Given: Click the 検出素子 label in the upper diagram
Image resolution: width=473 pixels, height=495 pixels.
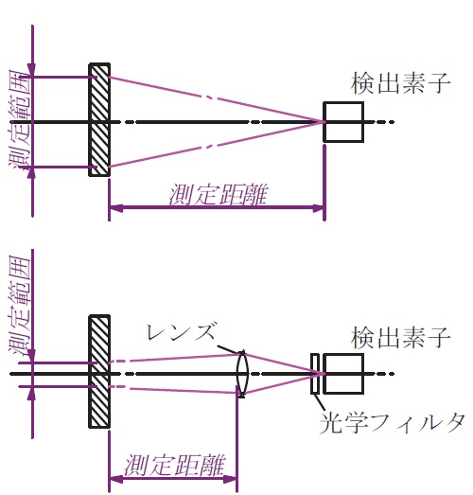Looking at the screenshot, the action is (400, 83).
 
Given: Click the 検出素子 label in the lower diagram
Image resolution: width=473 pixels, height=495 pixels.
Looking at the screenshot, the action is (400, 338).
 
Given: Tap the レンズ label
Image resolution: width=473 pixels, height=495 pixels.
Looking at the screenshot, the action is (181, 332).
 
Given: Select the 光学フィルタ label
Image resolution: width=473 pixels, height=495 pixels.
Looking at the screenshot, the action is (393, 422).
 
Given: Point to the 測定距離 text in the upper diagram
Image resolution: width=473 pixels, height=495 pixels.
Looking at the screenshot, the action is (219, 195).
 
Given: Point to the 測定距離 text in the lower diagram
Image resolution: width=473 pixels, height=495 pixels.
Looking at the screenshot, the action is (174, 466).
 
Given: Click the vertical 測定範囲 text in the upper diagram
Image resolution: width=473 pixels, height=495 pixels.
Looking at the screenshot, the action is (21, 121).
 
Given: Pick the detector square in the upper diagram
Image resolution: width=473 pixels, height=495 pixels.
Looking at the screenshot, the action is (343, 122).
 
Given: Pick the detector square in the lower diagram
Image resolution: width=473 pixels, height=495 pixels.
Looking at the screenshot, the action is (343, 374).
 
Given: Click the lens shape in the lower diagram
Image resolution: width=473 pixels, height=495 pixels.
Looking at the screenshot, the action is (242, 374).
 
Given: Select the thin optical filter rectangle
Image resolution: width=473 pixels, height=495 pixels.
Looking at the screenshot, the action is (315, 374).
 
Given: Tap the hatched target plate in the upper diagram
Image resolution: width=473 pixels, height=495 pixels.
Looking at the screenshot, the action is (99, 119).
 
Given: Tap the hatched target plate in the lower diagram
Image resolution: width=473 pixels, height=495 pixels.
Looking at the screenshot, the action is (99, 371).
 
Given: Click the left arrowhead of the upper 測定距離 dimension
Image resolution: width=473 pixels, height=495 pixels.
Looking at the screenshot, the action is (115, 208).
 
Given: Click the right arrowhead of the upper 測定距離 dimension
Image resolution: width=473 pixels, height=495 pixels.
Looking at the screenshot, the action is (318, 208).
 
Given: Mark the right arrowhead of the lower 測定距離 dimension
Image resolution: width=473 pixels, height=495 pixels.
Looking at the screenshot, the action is (230, 479).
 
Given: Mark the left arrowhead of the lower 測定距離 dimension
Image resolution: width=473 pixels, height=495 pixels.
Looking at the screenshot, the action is (115, 479).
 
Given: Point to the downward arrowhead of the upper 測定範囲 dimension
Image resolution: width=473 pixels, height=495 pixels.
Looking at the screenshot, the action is (32, 69).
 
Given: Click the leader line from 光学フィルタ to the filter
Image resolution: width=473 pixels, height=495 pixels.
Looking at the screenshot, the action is (320, 402).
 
